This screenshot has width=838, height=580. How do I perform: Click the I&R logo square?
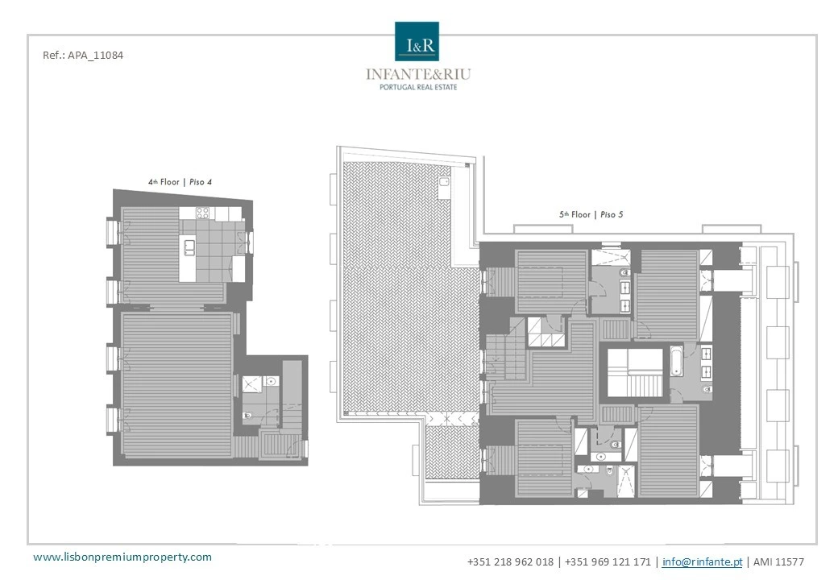(x=417, y=41)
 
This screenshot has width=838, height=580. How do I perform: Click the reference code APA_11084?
(x=95, y=55)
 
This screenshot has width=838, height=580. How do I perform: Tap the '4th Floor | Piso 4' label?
(x=180, y=181)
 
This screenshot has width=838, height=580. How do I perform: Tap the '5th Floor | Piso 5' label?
(x=591, y=214)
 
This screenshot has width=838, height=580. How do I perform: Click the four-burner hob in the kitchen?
(x=202, y=213)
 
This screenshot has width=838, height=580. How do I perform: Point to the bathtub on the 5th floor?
(x=677, y=362)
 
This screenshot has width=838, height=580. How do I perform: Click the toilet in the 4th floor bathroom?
(x=248, y=416)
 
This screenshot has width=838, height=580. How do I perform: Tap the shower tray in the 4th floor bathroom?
(x=251, y=384)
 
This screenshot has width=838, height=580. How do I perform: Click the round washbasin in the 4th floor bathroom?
(x=271, y=381)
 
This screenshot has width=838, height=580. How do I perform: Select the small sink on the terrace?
(x=445, y=182)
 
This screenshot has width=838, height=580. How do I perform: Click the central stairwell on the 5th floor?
(x=636, y=373)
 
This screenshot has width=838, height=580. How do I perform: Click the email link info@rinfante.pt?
(x=703, y=561)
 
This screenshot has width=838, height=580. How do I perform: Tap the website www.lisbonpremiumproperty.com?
(x=122, y=557)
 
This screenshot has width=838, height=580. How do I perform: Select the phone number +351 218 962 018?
(x=510, y=561)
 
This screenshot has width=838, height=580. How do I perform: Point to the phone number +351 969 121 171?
(x=608, y=561)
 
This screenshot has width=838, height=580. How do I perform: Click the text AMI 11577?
(x=778, y=561)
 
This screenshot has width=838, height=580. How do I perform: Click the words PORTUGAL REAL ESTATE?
(x=418, y=87)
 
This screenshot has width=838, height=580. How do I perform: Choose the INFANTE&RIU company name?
(x=418, y=73)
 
